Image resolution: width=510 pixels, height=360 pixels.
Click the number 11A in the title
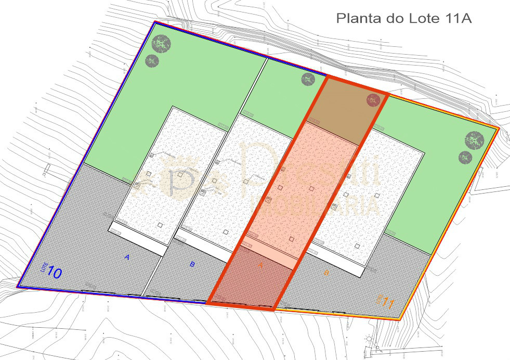tap(458, 19)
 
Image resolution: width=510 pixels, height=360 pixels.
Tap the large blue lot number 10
tap(55, 273)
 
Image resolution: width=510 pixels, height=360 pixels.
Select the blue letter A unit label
tap(126, 256)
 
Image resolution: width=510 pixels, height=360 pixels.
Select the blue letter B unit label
tap(192, 264)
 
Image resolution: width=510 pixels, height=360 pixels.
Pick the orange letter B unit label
tap(326, 273)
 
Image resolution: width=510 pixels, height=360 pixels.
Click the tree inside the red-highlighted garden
tap(373, 100)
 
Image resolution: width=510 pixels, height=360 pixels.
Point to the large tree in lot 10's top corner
tap(161, 44)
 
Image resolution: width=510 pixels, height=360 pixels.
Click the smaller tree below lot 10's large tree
tap(152, 61)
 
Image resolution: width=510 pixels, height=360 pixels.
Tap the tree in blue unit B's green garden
tap(308, 79)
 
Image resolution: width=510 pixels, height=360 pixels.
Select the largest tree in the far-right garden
tap(474, 140)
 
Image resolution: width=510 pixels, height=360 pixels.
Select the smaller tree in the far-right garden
tap(465, 157)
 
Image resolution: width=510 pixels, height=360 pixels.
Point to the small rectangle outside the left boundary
tap(47, 169)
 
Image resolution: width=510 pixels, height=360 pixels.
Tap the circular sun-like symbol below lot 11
tap(370, 339)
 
